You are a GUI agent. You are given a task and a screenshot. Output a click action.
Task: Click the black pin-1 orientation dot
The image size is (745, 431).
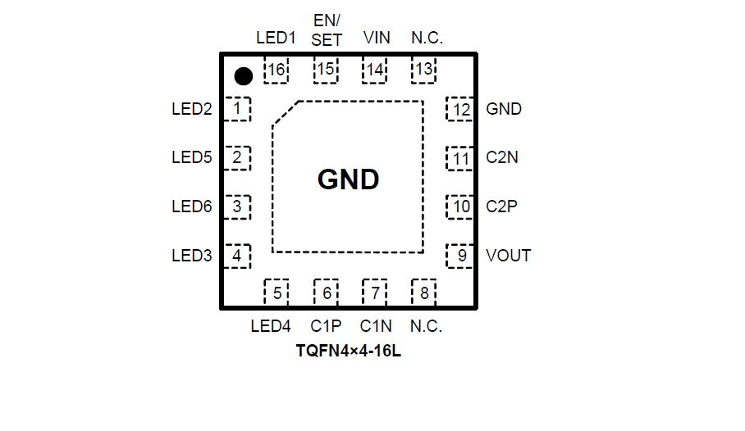click(243, 76)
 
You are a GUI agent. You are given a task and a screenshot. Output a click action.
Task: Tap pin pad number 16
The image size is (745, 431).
click(277, 70)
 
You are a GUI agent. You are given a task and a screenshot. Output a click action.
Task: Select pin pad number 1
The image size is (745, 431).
click(237, 108)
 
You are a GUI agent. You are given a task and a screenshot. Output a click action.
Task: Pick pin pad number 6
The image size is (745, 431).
click(327, 293)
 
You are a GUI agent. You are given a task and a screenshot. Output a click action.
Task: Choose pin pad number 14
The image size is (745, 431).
click(375, 70)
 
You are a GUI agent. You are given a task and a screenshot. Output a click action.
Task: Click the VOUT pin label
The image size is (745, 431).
click(508, 256)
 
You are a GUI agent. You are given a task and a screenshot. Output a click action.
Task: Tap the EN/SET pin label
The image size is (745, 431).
click(327, 29)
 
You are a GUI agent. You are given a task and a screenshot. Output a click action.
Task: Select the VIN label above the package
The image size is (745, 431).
click(377, 38)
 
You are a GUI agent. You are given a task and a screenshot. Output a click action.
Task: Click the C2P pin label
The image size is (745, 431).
click(501, 206)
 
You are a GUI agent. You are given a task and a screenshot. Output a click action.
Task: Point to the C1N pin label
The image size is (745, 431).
click(377, 326)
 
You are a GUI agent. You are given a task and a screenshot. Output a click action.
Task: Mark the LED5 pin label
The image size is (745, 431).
click(192, 157)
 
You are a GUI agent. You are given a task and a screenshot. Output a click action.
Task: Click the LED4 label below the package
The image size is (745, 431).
click(271, 326)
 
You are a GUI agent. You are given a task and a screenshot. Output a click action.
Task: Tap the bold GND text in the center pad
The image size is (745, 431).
click(348, 179)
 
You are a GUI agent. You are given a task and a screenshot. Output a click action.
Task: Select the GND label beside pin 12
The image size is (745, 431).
click(504, 109)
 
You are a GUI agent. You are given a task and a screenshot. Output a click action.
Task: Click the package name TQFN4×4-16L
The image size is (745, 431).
click(349, 353)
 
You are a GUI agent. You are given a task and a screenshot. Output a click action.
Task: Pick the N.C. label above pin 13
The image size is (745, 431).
click(427, 38)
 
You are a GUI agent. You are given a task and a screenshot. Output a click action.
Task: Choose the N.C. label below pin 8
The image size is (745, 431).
click(426, 326)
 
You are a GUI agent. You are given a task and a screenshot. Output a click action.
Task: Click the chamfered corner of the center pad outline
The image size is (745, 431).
click(285, 113)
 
